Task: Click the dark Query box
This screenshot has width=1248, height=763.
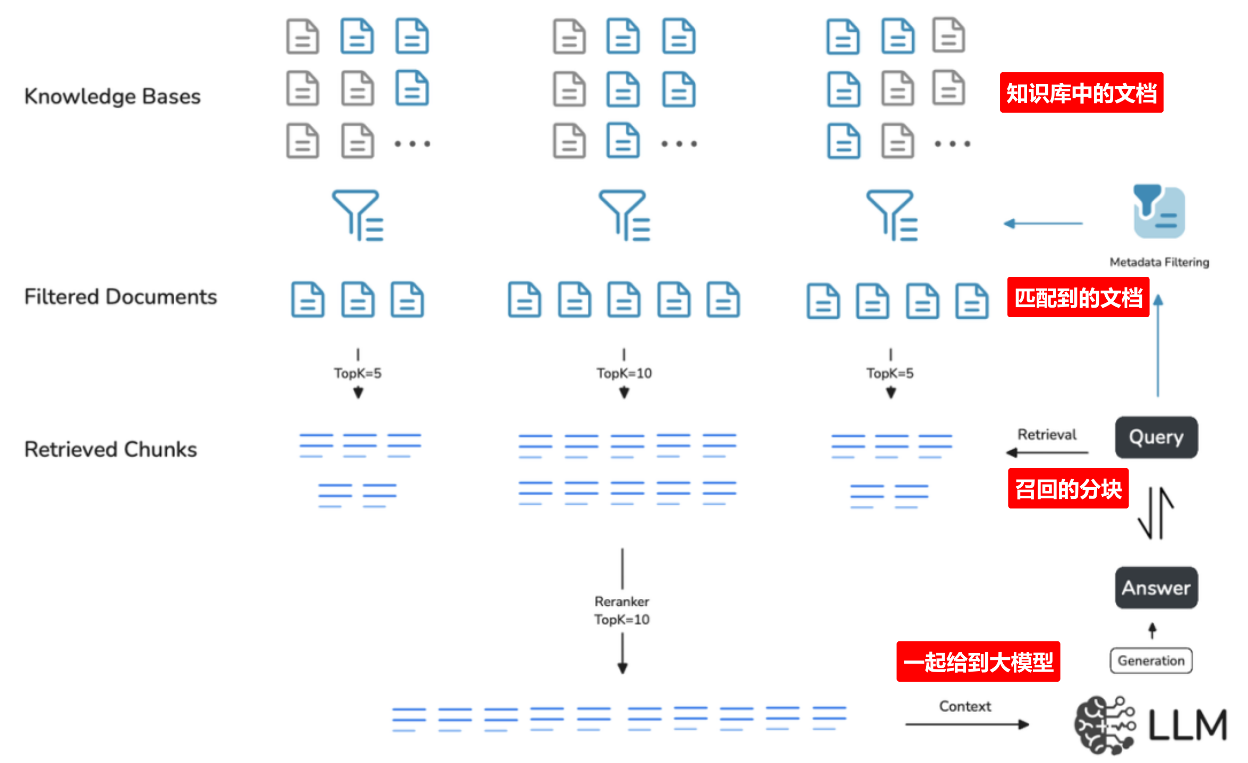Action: [1156, 437]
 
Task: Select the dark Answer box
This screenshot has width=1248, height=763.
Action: [1156, 588]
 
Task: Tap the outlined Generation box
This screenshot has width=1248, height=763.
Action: [1151, 660]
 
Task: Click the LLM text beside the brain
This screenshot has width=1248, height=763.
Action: [1187, 725]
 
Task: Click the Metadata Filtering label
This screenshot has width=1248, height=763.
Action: [1159, 262]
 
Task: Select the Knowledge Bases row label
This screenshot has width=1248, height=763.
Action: [113, 96]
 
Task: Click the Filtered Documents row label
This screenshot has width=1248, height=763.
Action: [121, 296]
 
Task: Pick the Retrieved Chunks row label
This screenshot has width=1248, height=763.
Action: [110, 450]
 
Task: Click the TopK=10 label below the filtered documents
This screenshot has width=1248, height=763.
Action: [624, 374]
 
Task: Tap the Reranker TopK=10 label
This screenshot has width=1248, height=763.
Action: [622, 611]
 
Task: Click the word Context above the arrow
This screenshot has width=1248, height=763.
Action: [965, 706]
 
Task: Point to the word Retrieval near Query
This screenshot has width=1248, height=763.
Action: [1047, 435]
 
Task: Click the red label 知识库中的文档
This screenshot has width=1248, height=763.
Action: [1081, 93]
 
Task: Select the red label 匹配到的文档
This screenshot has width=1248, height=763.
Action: [1078, 298]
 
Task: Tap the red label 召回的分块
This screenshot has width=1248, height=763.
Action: [1068, 489]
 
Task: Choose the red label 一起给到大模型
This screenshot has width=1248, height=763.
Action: [978, 662]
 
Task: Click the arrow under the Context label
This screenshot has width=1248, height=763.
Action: [967, 724]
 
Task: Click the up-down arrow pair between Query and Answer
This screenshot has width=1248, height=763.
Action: [1156, 513]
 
